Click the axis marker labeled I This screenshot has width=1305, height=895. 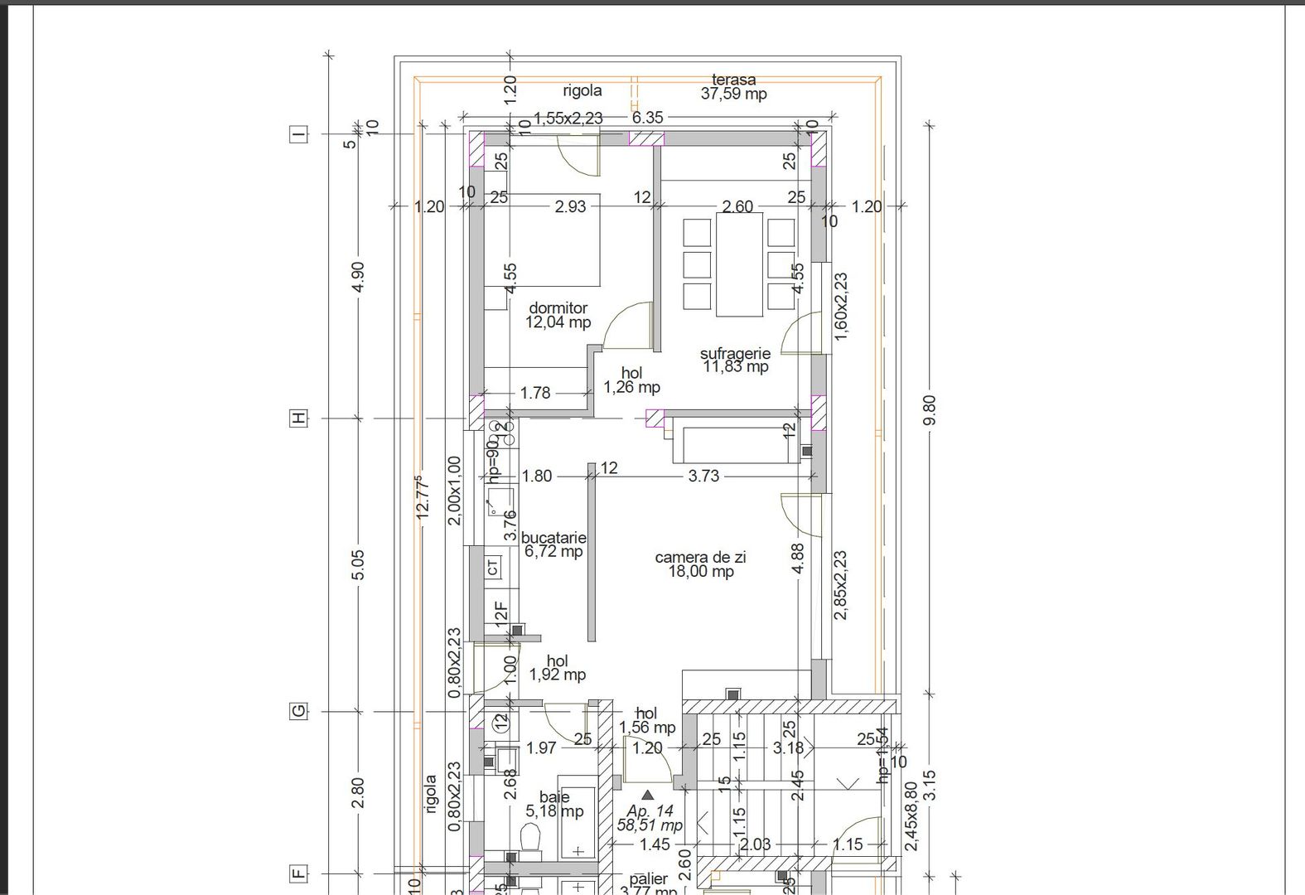(x=298, y=134)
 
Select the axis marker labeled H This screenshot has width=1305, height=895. (x=298, y=418)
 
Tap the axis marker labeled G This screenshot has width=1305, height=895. (x=298, y=711)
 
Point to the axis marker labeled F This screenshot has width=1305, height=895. (x=298, y=873)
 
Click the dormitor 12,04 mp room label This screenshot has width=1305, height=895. (x=558, y=316)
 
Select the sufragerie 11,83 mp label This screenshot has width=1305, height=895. (x=735, y=360)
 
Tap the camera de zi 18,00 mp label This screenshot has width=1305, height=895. (x=700, y=564)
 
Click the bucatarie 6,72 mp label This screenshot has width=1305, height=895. (x=553, y=544)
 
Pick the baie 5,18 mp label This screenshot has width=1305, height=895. (x=554, y=805)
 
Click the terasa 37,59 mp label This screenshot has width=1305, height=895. (x=733, y=87)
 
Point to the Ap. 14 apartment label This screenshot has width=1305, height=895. (x=650, y=818)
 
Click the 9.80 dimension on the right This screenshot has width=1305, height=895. (x=929, y=411)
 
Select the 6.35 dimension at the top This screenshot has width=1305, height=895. (x=647, y=118)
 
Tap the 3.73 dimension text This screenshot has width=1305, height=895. (x=703, y=476)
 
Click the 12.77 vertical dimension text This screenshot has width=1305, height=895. (x=423, y=497)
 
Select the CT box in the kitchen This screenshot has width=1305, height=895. (x=493, y=568)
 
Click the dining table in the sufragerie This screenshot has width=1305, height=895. (x=739, y=265)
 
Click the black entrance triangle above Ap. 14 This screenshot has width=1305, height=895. (x=648, y=795)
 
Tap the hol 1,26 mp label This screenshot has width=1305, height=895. (x=631, y=380)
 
